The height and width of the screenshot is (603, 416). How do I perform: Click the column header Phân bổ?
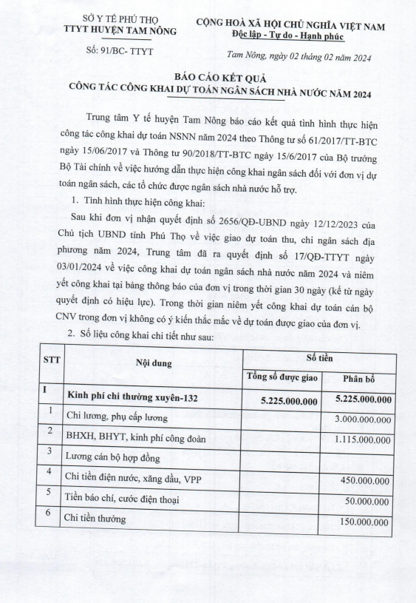364,378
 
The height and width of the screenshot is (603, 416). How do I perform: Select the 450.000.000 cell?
366,479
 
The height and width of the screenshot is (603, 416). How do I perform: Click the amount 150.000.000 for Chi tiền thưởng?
366,519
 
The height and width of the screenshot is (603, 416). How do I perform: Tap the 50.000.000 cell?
369,499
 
